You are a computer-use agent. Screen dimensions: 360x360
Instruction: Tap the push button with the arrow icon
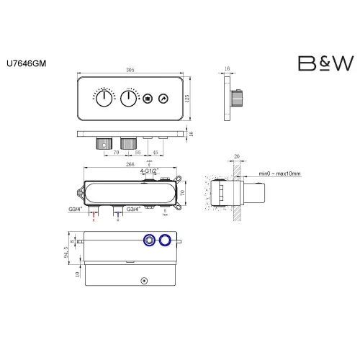pyautogui.click(x=163, y=99)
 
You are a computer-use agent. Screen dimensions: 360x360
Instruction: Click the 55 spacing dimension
pyautogui.click(x=140, y=153)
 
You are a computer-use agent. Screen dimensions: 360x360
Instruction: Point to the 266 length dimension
pyautogui.click(x=130, y=164)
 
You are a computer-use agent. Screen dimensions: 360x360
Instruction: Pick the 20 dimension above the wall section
pyautogui.click(x=236, y=156)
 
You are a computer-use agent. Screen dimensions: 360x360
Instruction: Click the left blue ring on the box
pyautogui.click(x=150, y=240)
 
